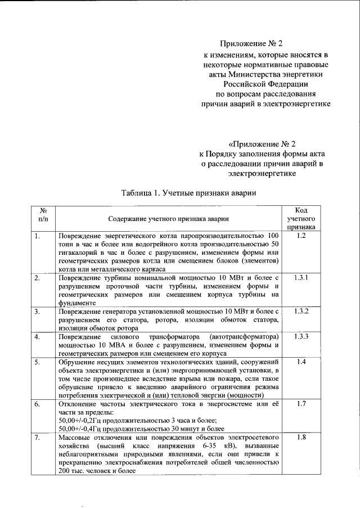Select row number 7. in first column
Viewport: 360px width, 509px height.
[x=37, y=437]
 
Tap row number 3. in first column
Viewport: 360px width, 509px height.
[x=37, y=311]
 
